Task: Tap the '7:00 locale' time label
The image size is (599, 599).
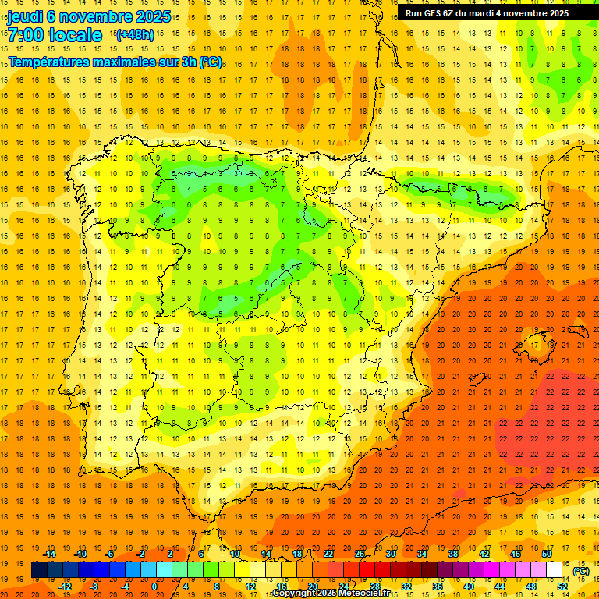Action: click(x=55, y=35)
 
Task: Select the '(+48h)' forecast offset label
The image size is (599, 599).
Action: click(x=135, y=34)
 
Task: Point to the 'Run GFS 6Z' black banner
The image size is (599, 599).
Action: click(x=487, y=13)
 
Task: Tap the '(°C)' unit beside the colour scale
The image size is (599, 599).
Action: click(x=580, y=571)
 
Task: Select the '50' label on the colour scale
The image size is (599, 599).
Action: click(x=547, y=554)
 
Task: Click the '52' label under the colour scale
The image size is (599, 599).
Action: click(x=562, y=587)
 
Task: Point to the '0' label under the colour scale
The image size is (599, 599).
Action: click(x=154, y=587)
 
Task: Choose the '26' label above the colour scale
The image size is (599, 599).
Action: click(x=360, y=554)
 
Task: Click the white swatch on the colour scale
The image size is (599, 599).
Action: click(x=555, y=570)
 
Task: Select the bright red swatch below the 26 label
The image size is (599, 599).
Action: click(x=367, y=570)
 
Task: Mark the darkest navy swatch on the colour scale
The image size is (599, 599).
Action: click(x=40, y=570)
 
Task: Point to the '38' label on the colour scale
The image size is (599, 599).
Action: click(x=453, y=554)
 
